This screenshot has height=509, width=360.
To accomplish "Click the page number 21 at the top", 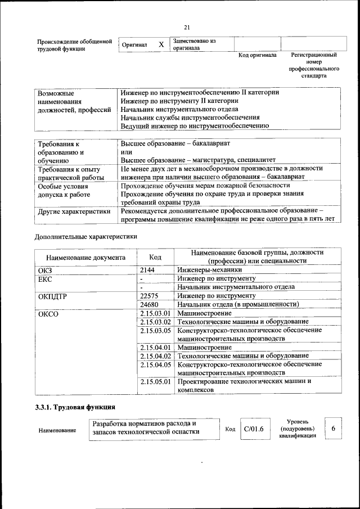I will coord(187,28).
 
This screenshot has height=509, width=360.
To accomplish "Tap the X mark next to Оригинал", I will coord(161,44).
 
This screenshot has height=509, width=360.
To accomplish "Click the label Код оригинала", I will coord(257,55).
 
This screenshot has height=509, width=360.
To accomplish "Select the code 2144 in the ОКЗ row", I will coord(147,270).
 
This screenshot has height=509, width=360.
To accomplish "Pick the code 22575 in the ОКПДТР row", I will coord(150,295).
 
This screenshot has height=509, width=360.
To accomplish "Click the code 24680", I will coord(150,304).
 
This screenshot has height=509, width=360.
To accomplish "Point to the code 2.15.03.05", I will coord(155,331).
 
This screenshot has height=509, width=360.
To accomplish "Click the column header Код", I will coord(155,257).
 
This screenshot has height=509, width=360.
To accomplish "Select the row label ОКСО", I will coord(48,313).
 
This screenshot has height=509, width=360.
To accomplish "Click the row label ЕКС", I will coord(45,278).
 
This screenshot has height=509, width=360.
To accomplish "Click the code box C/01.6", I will coord(254,430).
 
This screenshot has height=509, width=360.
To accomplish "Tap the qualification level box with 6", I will coord(334,429).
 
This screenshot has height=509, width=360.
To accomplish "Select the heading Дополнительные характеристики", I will coord(85,237).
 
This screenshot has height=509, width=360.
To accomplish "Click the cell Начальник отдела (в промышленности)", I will coord(237,304).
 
